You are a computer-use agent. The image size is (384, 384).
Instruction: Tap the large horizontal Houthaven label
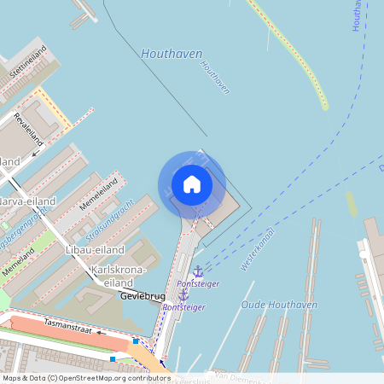coord(173,54)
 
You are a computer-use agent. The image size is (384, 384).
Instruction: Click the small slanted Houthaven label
coord(215,76)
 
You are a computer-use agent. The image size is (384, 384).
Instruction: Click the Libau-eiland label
coord(95,250)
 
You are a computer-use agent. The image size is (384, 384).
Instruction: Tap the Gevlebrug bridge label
coord(142,298)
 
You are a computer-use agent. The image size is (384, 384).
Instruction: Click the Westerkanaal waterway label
coord(258,249)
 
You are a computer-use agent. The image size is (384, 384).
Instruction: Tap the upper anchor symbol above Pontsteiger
coord(198,271)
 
